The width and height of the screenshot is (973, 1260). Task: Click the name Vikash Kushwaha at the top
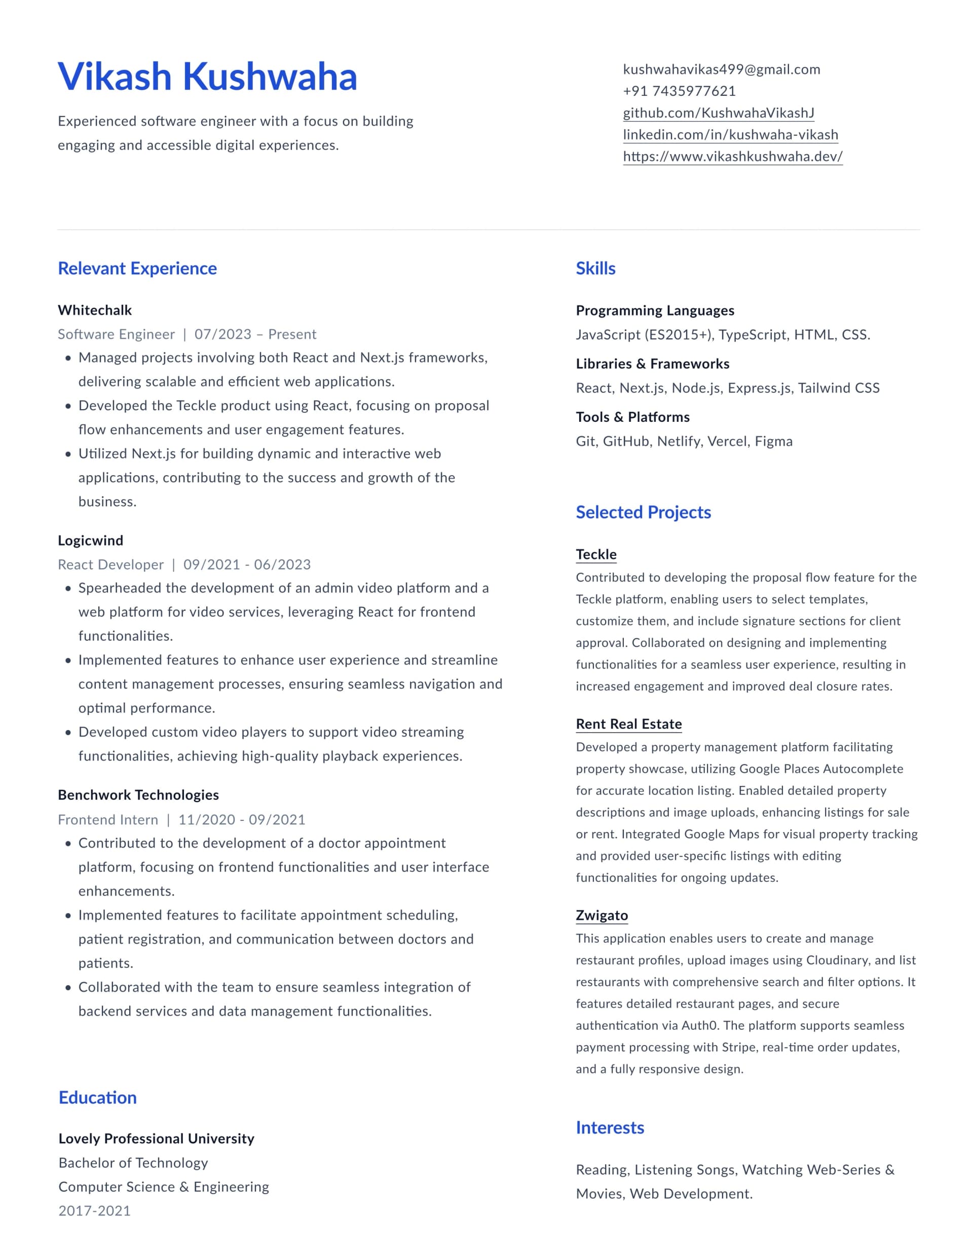click(x=207, y=77)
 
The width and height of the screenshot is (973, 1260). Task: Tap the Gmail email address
click(x=721, y=69)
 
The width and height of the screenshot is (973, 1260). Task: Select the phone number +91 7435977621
click(x=679, y=91)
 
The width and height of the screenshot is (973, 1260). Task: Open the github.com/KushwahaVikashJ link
click(x=718, y=113)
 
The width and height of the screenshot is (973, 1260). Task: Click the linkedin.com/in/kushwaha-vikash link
click(x=730, y=134)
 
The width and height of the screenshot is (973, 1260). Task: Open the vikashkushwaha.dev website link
click(x=732, y=156)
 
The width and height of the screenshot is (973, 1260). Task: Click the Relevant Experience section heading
click(x=137, y=268)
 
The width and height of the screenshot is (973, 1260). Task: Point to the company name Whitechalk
click(x=95, y=310)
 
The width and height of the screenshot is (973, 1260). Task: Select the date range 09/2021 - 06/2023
click(x=247, y=564)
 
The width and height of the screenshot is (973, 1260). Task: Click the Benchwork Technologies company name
click(x=138, y=795)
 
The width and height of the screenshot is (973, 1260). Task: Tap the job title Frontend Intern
click(x=108, y=820)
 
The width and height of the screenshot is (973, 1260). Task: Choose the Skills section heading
click(x=595, y=268)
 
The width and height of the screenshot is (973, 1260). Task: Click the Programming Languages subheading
click(x=655, y=310)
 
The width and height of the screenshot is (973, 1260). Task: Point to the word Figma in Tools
click(x=773, y=441)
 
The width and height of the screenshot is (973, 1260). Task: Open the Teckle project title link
click(x=596, y=554)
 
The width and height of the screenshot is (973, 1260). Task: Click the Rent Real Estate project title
click(x=629, y=724)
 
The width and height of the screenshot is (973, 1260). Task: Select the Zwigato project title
click(x=602, y=916)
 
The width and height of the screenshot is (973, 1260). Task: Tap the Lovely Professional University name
click(x=156, y=1138)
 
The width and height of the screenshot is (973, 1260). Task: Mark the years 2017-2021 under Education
click(x=95, y=1211)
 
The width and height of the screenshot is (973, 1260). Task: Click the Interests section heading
click(x=610, y=1127)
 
